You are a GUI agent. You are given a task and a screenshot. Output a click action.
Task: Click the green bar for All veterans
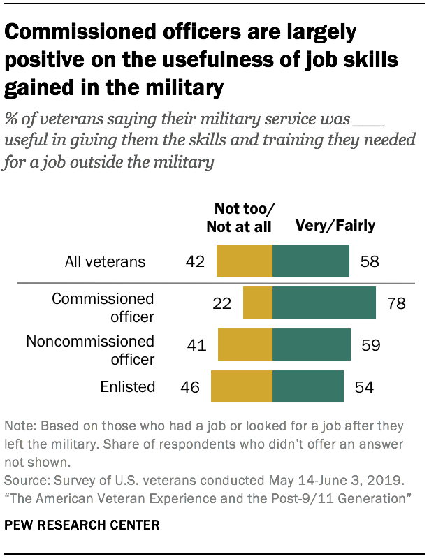310,262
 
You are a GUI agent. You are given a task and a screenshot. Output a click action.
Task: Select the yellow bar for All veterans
244,262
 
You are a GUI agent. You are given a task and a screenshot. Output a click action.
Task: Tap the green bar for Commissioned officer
324,304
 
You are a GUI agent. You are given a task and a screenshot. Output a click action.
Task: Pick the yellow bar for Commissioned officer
257,304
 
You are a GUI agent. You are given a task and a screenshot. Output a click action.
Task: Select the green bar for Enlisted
307,387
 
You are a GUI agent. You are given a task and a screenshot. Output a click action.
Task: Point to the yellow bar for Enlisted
241,387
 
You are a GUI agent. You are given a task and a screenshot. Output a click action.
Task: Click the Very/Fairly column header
335,225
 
